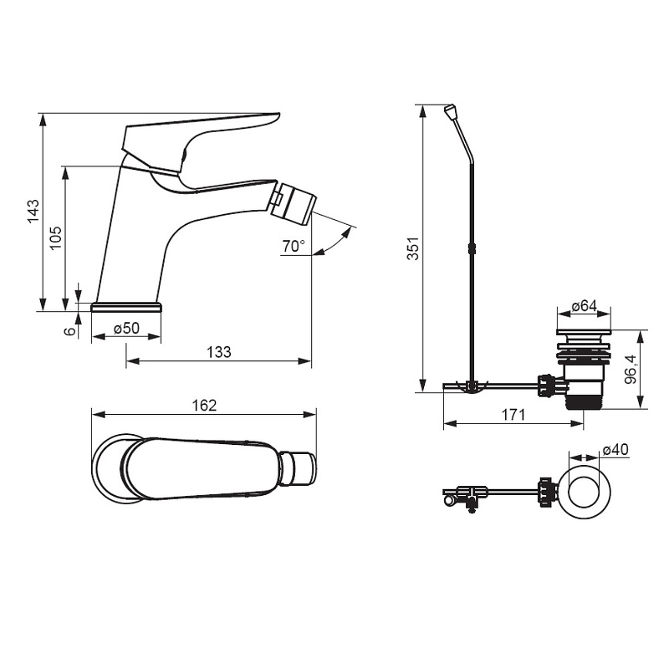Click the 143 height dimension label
coord(33,211)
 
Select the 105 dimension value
coord(56,237)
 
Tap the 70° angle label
coord(294,246)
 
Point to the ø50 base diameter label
coord(127,328)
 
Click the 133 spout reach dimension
coord(219,352)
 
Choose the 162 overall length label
coord(204,405)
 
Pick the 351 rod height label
coord(413,248)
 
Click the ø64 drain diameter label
coord(584,305)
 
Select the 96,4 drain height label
coord(631,370)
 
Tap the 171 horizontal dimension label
coord(513,414)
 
